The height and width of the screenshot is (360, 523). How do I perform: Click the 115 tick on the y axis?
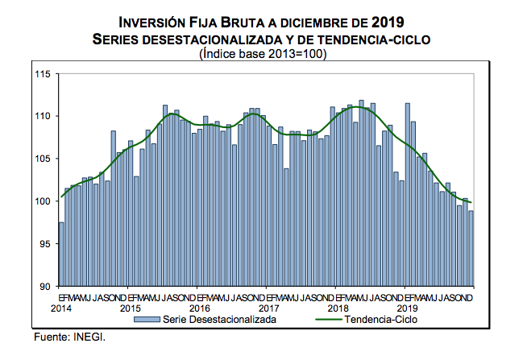pyautogui.click(x=42, y=74)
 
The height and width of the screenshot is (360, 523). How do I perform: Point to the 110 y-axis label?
pyautogui.click(x=42, y=116)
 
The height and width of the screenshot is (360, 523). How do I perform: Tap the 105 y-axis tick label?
pyautogui.click(x=42, y=159)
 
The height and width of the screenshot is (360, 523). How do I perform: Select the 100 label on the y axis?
pyautogui.click(x=42, y=201)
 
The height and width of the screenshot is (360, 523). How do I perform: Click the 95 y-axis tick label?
pyautogui.click(x=44, y=243)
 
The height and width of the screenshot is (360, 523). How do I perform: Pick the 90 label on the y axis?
pyautogui.click(x=44, y=286)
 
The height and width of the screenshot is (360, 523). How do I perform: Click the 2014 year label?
pyautogui.click(x=60, y=308)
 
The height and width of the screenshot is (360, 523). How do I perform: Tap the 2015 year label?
pyautogui.click(x=130, y=308)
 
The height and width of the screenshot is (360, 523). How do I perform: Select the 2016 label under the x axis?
pyautogui.click(x=199, y=308)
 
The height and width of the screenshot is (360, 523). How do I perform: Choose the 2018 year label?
pyautogui.click(x=338, y=308)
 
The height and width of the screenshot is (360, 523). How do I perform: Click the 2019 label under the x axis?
pyautogui.click(x=407, y=308)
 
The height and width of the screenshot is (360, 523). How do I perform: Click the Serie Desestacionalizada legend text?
pyautogui.click(x=220, y=319)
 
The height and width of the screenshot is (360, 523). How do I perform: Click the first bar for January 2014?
pyautogui.click(x=61, y=254)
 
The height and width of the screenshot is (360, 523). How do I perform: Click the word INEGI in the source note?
pyautogui.click(x=89, y=336)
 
